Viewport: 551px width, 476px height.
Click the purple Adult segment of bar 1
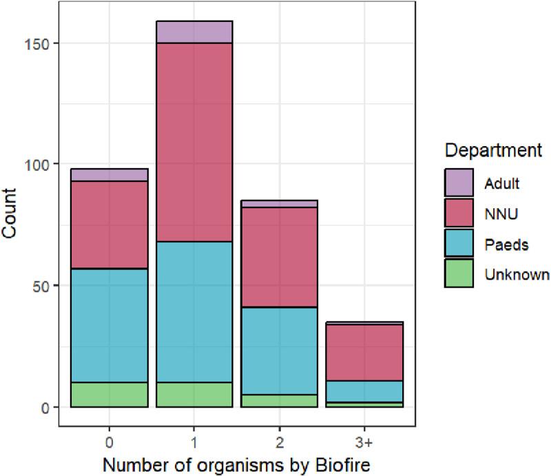click(x=194, y=32)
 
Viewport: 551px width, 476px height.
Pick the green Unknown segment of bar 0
click(x=109, y=395)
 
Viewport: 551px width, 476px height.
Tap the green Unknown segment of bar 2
click(x=278, y=401)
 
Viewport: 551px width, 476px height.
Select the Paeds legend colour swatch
click(x=457, y=245)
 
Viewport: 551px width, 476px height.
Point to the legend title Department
click(x=493, y=150)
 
